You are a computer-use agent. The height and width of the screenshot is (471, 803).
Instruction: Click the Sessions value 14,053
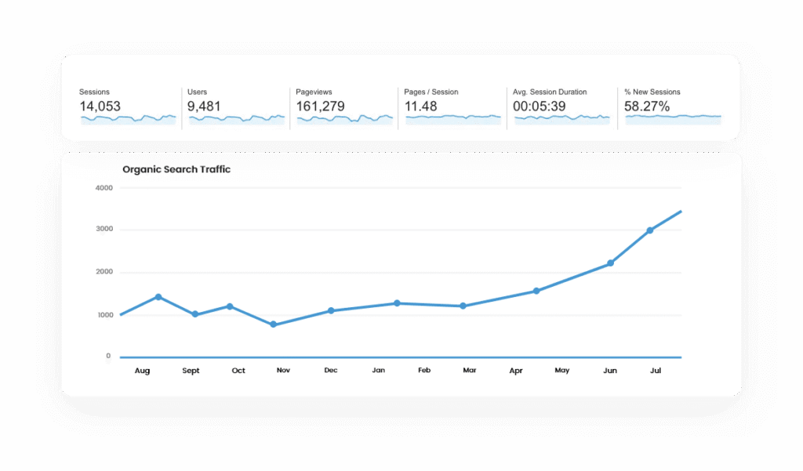pyautogui.click(x=100, y=107)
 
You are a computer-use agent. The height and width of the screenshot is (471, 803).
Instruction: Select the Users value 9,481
pyautogui.click(x=203, y=107)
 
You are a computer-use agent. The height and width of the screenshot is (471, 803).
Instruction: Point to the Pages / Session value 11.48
pyautogui.click(x=421, y=107)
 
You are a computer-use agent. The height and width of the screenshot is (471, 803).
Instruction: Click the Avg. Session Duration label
pyautogui.click(x=550, y=92)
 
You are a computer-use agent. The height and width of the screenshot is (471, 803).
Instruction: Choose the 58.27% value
pyautogui.click(x=647, y=107)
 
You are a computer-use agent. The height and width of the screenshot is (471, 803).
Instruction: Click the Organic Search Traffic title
pyautogui.click(x=176, y=169)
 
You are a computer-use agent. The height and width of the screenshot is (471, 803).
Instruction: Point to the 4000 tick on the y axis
pyautogui.click(x=104, y=188)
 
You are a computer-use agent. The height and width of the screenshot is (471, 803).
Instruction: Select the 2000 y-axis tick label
pyautogui.click(x=104, y=273)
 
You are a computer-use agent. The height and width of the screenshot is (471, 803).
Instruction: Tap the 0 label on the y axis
pyautogui.click(x=108, y=357)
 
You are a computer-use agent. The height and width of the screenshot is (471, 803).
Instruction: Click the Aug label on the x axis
pyautogui.click(x=142, y=371)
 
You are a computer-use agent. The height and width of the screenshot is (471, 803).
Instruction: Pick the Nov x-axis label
pyautogui.click(x=283, y=371)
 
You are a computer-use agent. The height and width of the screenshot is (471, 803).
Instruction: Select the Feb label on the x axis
pyautogui.click(x=424, y=371)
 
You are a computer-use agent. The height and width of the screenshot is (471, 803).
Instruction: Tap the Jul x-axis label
pyautogui.click(x=656, y=371)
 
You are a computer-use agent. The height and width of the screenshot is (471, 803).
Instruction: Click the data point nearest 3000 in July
pyautogui.click(x=650, y=230)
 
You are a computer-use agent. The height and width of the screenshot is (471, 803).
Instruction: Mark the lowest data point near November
pyautogui.click(x=273, y=324)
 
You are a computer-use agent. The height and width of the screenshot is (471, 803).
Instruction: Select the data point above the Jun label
pyautogui.click(x=610, y=263)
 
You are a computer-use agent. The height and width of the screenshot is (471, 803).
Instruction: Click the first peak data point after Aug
pyautogui.click(x=158, y=297)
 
